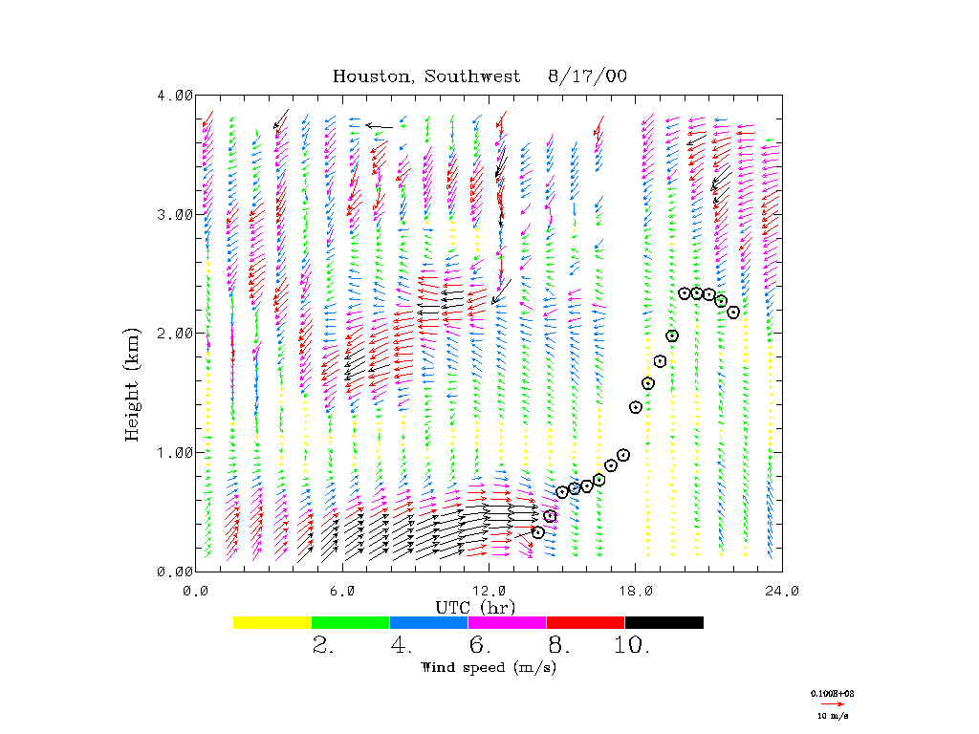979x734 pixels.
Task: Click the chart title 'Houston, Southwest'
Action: (426, 76)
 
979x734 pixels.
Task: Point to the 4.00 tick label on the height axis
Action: (175, 95)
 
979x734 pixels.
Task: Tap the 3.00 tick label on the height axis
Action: (175, 214)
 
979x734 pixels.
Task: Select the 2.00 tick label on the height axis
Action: (175, 333)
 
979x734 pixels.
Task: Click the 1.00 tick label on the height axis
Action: (175, 452)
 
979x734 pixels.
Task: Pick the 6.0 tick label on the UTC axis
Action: (343, 591)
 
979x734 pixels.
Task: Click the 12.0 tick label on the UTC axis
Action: (489, 591)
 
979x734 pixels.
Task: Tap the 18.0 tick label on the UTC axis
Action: (636, 591)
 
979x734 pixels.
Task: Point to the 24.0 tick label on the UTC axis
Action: (782, 591)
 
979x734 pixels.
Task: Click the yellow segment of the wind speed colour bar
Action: (272, 622)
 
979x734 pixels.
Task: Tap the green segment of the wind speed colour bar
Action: (350, 622)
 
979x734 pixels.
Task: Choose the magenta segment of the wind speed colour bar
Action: (507, 622)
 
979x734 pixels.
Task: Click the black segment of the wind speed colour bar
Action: (664, 622)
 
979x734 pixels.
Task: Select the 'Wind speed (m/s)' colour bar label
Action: (489, 667)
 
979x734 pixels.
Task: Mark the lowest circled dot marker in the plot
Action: (538, 532)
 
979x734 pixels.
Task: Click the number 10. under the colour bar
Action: (632, 646)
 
